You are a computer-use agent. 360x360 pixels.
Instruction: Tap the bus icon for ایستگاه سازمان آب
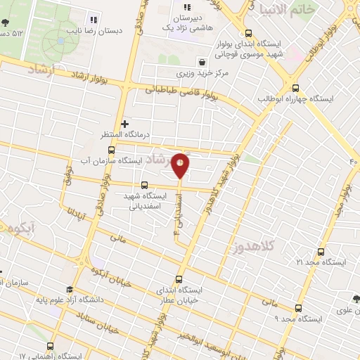point(111,149)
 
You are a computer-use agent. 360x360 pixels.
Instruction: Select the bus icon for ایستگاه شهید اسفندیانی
point(145,185)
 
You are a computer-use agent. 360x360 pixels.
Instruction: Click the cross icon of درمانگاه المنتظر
point(125,123)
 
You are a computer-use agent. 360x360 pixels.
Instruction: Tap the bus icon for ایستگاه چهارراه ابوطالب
point(295,88)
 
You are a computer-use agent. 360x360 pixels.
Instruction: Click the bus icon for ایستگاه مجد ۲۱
point(321,252)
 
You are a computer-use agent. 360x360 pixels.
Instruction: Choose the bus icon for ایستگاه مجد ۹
point(299,308)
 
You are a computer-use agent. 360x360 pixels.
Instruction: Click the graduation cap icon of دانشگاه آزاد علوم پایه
point(70,289)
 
